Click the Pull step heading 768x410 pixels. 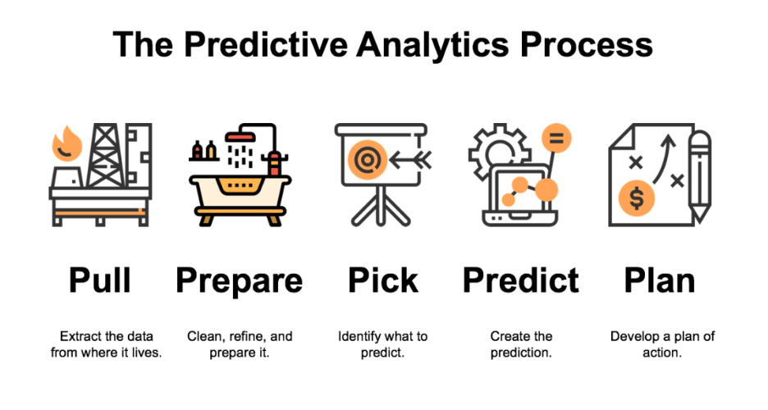point(100,280)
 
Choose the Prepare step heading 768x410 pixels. point(239,282)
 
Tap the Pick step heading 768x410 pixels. point(382,280)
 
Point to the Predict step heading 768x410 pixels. point(521,280)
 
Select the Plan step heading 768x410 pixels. point(660,280)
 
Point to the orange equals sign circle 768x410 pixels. point(555,138)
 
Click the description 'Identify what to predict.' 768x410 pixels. point(382,344)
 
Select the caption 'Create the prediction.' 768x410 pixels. point(521,344)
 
